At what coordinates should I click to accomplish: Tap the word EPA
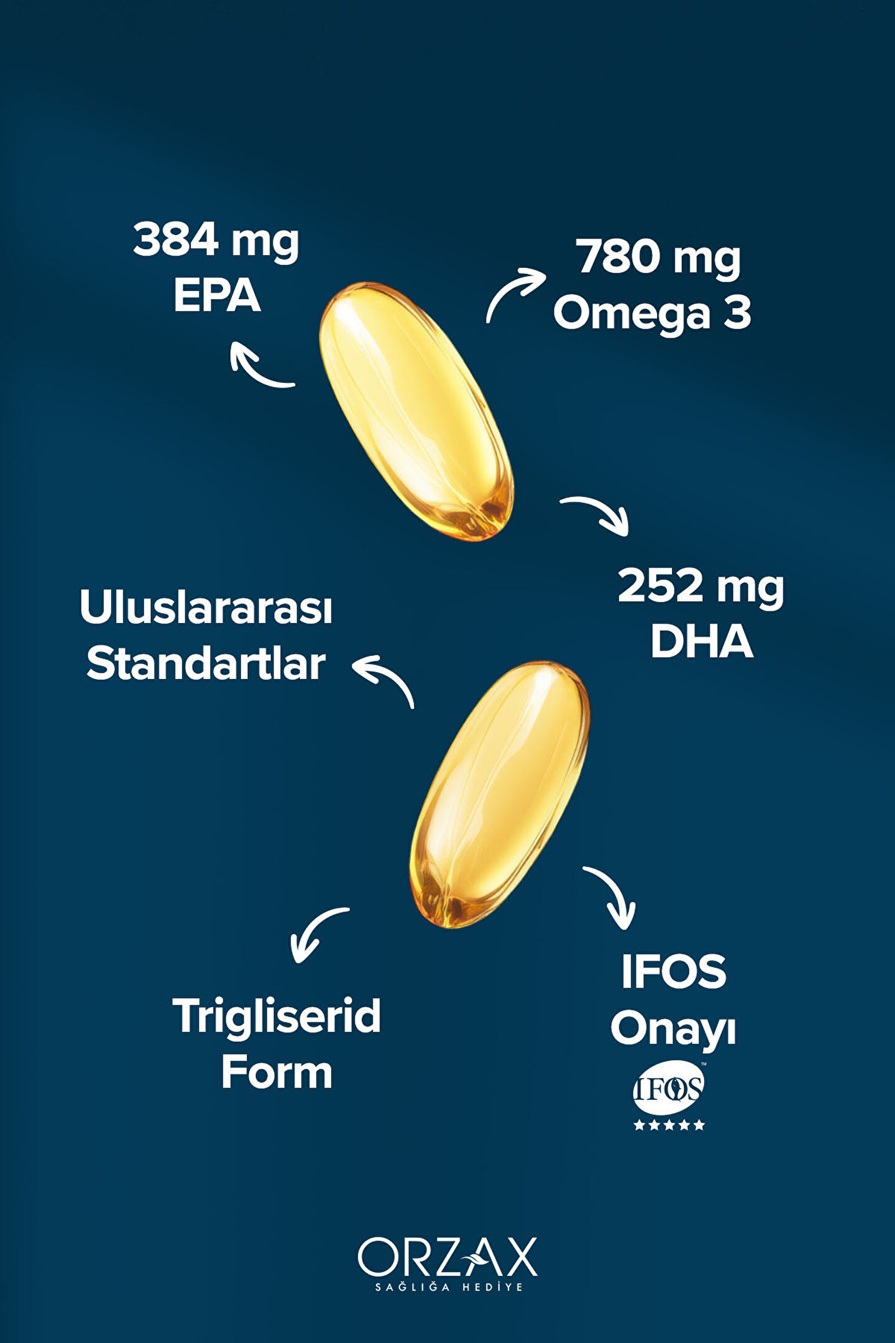click(x=216, y=295)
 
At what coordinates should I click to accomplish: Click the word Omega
click(x=631, y=314)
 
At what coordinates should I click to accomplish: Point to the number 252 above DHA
click(x=659, y=586)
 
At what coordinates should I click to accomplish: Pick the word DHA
click(x=702, y=642)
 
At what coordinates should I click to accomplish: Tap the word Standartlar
click(x=206, y=663)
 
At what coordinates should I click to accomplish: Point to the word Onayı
click(x=673, y=1030)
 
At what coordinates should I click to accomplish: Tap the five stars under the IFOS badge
click(x=669, y=1124)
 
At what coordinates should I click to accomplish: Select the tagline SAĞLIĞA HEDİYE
click(x=449, y=1287)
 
